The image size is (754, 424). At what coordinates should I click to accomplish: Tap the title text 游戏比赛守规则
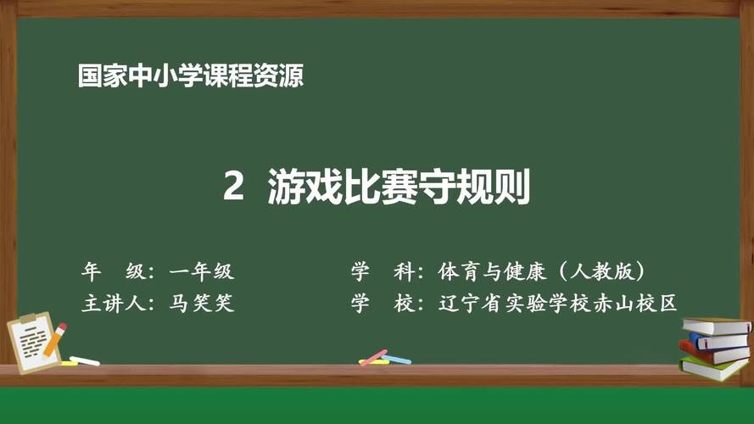click(x=399, y=187)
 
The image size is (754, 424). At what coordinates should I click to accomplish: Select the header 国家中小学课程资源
click(x=191, y=76)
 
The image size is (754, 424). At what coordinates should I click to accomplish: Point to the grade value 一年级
click(x=201, y=272)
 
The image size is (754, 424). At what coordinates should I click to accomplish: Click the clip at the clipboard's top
click(x=27, y=320)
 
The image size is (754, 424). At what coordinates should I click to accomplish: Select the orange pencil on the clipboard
click(x=54, y=342)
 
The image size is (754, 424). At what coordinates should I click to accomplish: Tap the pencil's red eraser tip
click(x=62, y=327)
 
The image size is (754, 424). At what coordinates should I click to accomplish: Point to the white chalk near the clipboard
click(x=84, y=360)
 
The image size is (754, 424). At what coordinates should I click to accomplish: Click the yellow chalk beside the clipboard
click(x=69, y=363)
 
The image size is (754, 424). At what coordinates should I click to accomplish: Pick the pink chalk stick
click(x=373, y=357)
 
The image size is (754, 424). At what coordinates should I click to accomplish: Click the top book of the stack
click(x=716, y=326)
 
